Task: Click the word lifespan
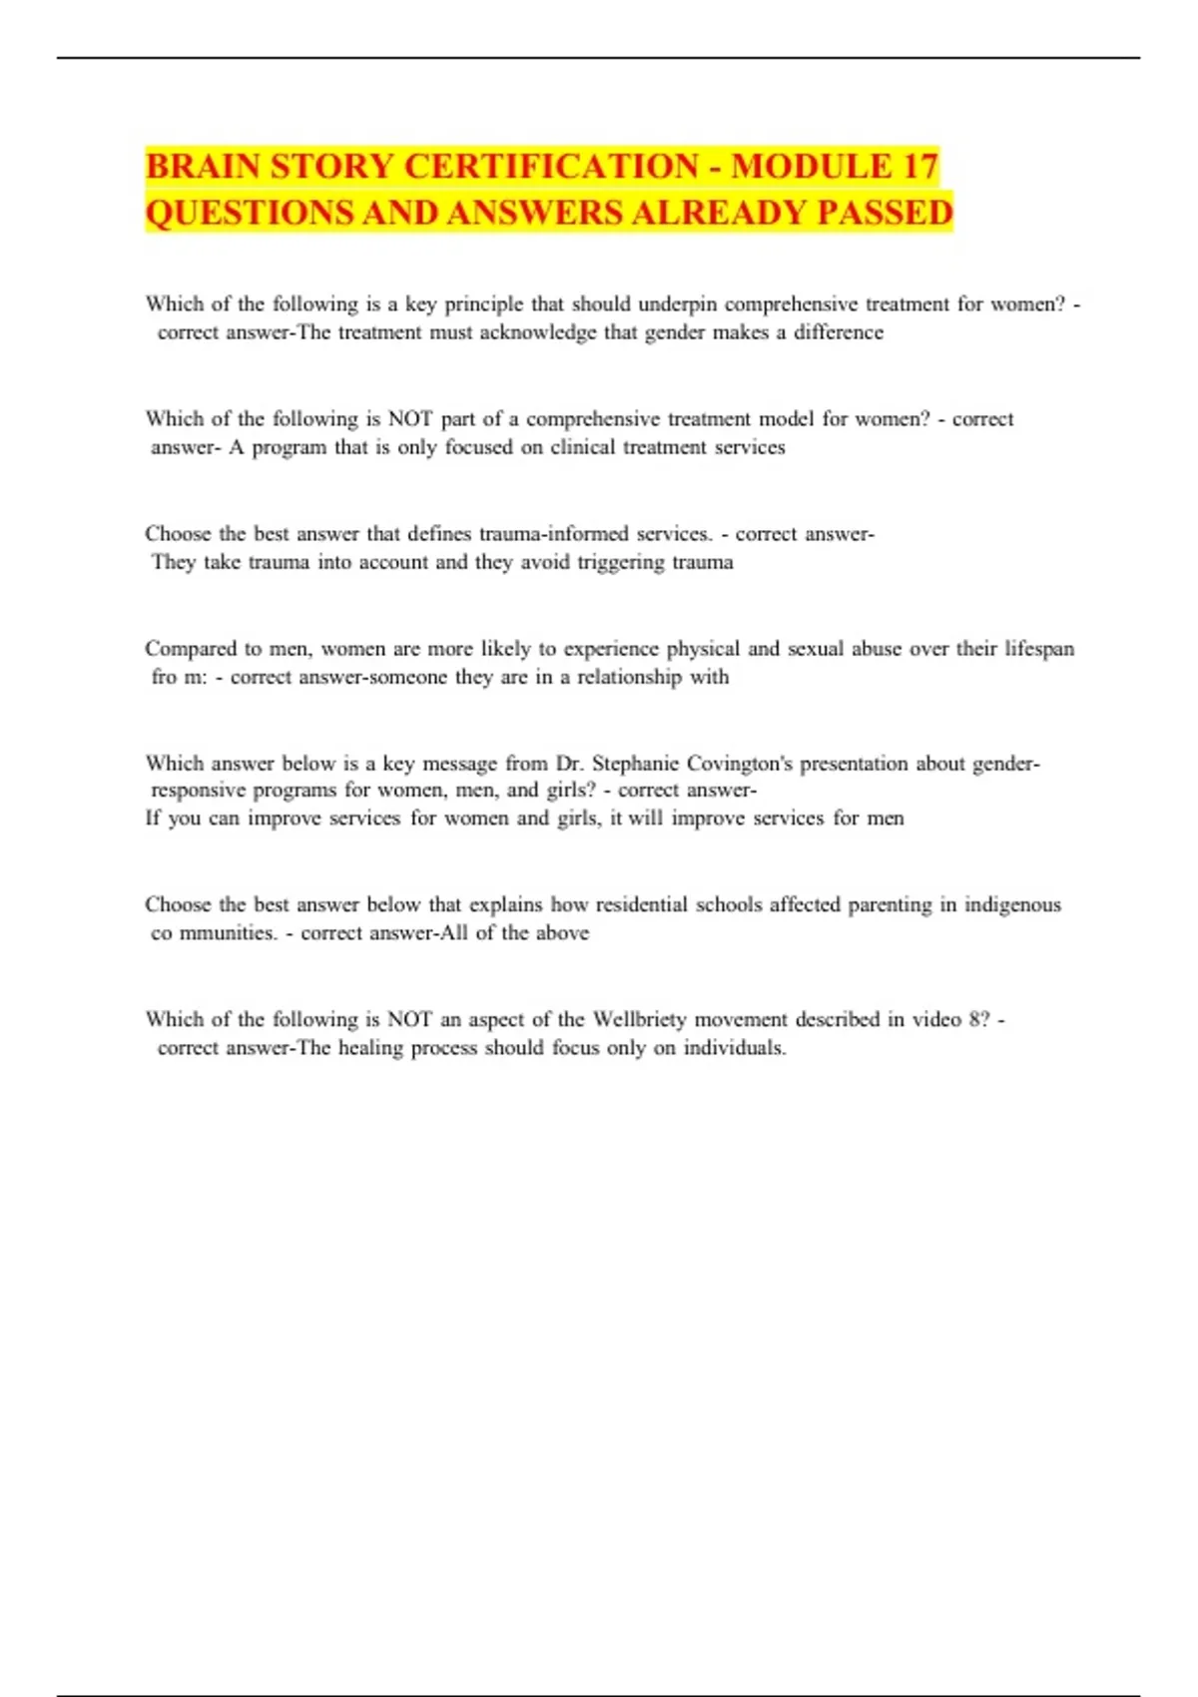tap(1039, 649)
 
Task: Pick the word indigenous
tap(1012, 904)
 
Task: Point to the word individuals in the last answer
tap(734, 1048)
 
